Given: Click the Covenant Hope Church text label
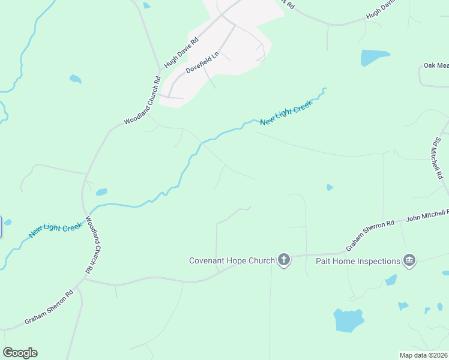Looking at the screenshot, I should pyautogui.click(x=231, y=260).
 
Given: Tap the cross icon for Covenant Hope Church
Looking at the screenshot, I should pyautogui.click(x=284, y=260).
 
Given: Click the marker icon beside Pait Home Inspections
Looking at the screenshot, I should pyautogui.click(x=410, y=260).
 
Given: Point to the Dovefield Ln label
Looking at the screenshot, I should pyautogui.click(x=203, y=62).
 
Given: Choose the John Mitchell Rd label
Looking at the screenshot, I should pyautogui.click(x=427, y=216).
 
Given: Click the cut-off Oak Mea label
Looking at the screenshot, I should pyautogui.click(x=436, y=65).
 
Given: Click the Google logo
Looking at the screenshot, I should pyautogui.click(x=20, y=353).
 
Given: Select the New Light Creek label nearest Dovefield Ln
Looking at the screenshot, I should pyautogui.click(x=287, y=114).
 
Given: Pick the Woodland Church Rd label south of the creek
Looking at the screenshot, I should pyautogui.click(x=92, y=245).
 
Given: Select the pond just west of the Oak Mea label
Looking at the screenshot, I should pyautogui.click(x=375, y=58).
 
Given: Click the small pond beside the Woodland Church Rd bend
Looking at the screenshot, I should pyautogui.click(x=101, y=192).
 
